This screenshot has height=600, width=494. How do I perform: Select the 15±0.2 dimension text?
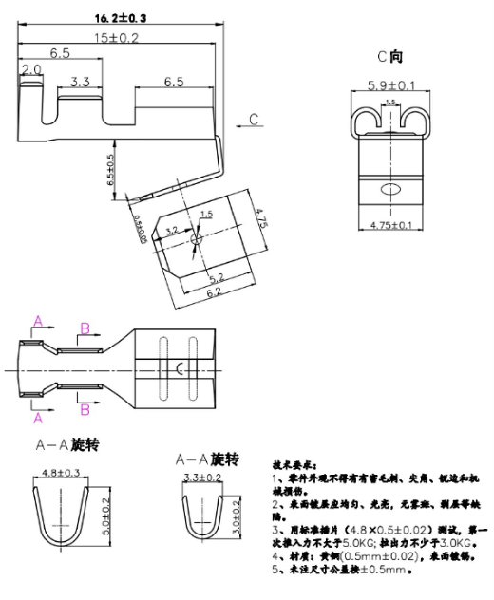tap(116, 37)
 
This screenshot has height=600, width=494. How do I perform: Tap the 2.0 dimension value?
tap(30, 70)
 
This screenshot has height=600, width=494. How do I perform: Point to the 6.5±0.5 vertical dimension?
tap(110, 169)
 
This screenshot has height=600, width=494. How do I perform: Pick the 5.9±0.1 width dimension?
tap(389, 86)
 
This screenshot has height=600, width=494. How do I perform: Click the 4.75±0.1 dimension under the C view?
tap(389, 225)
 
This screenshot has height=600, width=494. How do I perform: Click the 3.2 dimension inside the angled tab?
tap(172, 230)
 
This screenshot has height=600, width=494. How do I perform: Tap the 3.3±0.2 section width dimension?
tap(202, 478)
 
